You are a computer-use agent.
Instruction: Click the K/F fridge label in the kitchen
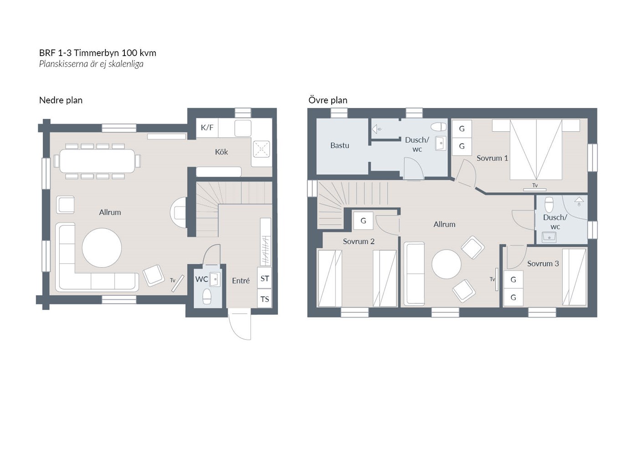(x=207, y=127)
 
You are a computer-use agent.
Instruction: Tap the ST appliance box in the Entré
(x=265, y=278)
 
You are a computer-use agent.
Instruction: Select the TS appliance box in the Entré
(x=265, y=299)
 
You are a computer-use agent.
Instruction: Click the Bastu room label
(x=340, y=145)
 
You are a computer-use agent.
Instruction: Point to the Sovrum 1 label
(x=492, y=159)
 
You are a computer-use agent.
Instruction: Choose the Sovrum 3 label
(x=543, y=264)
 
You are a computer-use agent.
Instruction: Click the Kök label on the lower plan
(x=221, y=152)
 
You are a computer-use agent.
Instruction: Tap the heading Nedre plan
(x=61, y=100)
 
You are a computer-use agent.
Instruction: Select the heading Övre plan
(x=328, y=100)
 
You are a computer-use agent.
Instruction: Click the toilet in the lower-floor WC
(x=207, y=297)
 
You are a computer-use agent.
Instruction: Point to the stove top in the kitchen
(x=261, y=149)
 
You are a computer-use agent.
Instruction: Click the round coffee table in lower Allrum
(x=102, y=248)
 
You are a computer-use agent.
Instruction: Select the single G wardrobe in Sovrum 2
(x=363, y=220)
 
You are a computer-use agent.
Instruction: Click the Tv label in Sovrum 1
(x=535, y=185)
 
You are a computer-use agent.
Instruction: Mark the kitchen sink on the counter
(x=242, y=128)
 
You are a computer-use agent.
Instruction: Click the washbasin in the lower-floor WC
(x=215, y=279)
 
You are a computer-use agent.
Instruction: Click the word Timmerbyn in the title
(x=96, y=53)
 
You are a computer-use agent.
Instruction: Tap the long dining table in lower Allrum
(x=97, y=161)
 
